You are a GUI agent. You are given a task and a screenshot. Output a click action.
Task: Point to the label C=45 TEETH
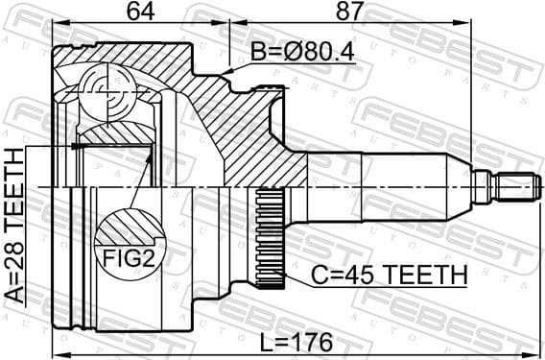click(x=388, y=276)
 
